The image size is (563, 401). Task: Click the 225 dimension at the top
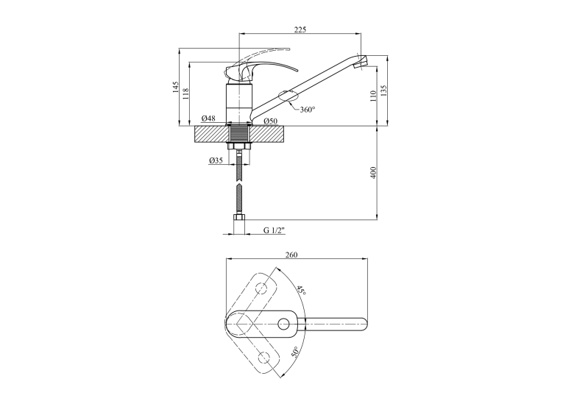click(300, 29)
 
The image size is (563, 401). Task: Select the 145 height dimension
click(176, 88)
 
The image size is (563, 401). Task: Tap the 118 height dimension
click(185, 94)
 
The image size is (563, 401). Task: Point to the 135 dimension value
click(384, 91)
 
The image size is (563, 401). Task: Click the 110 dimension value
click(373, 96)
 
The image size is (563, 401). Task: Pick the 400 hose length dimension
click(373, 173)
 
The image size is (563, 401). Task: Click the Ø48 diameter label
click(208, 118)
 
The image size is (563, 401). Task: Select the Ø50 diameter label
click(271, 121)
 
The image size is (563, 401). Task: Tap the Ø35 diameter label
click(216, 160)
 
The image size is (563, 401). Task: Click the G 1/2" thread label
click(274, 230)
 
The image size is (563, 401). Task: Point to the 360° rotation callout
click(308, 110)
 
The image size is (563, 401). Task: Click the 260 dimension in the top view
click(291, 255)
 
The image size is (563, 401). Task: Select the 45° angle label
click(301, 290)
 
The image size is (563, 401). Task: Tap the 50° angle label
click(295, 352)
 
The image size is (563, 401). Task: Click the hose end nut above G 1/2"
click(239, 217)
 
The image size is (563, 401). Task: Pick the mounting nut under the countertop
click(239, 146)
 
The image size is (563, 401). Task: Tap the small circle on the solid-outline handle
click(283, 324)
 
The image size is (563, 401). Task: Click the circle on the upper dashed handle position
click(262, 288)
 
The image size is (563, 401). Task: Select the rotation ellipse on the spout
click(288, 96)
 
